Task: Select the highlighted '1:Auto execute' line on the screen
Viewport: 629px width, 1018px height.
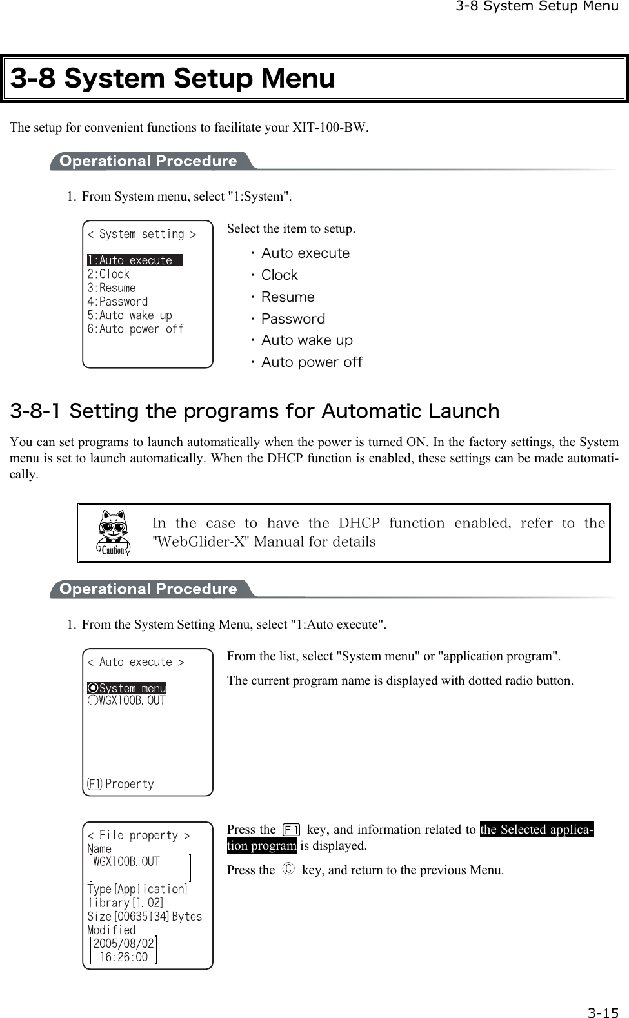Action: [x=134, y=260]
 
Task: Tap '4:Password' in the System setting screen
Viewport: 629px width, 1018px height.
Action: [x=117, y=302]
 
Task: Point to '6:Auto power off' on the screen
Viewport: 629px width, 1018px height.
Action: [x=135, y=329]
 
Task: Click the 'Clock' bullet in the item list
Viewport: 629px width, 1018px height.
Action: [x=279, y=275]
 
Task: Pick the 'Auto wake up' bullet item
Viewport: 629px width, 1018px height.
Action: [x=306, y=340]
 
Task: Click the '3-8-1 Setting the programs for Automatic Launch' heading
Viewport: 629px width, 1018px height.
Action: [x=254, y=411]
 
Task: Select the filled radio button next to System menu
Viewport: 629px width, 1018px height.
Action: [x=93, y=689]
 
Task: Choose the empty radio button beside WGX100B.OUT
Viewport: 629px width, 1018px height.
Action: [x=93, y=701]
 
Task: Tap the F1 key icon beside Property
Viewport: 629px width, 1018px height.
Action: [x=94, y=784]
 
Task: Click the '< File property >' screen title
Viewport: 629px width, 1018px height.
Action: [x=138, y=836]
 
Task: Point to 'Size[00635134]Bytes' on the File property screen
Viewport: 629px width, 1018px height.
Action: [x=145, y=917]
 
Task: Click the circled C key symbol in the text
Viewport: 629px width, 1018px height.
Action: [x=288, y=870]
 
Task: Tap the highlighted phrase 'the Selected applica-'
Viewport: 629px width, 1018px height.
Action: [x=536, y=830]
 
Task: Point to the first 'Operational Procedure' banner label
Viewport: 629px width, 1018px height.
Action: [x=148, y=161]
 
